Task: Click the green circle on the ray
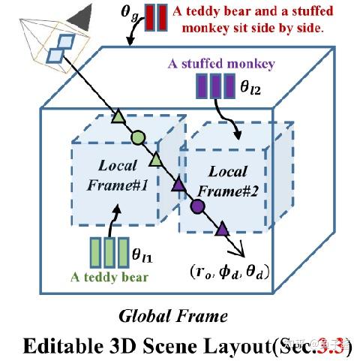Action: [137, 137]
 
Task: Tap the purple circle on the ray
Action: [198, 205]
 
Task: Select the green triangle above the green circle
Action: [117, 116]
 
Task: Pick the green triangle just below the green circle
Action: [156, 159]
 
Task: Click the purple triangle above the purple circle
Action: [178, 185]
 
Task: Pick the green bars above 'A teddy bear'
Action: [109, 251]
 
